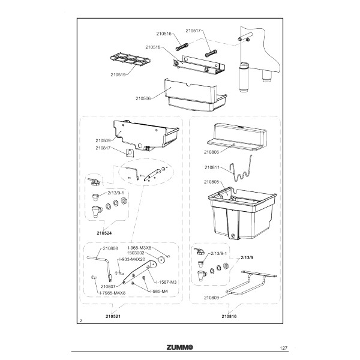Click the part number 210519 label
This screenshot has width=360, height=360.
(x=118, y=74)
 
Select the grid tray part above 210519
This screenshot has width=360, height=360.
(x=130, y=59)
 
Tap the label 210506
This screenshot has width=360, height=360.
(x=143, y=98)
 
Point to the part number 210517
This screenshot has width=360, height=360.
(x=193, y=31)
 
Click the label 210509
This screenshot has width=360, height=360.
(x=103, y=140)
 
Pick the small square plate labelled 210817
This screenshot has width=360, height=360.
(x=130, y=152)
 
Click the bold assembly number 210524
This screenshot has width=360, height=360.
(x=104, y=233)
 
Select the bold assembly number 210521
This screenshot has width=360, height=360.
(x=113, y=316)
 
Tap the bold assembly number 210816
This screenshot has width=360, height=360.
(x=229, y=316)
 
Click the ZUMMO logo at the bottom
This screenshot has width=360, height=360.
(x=180, y=347)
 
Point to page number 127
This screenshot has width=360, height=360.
(x=284, y=348)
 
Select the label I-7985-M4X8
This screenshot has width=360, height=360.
(x=113, y=293)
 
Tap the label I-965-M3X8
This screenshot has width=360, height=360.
(x=140, y=248)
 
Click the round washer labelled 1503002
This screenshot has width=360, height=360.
(x=163, y=260)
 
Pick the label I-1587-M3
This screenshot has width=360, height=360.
(x=166, y=282)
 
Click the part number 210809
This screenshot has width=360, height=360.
(x=211, y=298)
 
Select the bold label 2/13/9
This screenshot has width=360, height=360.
(x=247, y=257)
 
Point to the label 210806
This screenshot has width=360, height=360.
(x=211, y=152)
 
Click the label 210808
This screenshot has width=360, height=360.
(x=110, y=248)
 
